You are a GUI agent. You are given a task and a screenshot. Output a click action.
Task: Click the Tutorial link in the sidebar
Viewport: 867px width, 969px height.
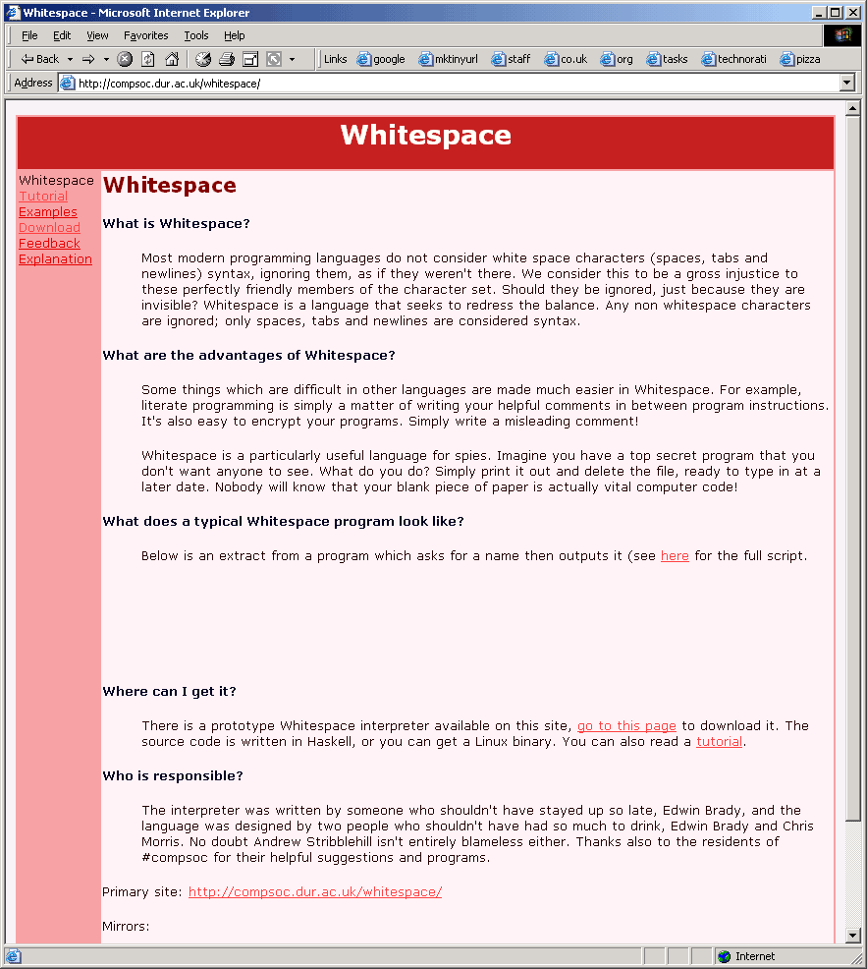point(43,197)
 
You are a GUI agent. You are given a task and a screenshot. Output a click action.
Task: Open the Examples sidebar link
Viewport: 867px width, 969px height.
point(47,212)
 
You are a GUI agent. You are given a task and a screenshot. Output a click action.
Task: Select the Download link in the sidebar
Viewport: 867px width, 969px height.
point(49,228)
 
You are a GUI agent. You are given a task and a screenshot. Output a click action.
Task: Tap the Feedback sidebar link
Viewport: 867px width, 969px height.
point(49,244)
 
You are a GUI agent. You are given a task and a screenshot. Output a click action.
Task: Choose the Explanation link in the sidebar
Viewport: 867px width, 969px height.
point(55,259)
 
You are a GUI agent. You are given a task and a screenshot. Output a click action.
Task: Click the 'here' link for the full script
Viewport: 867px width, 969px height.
point(675,556)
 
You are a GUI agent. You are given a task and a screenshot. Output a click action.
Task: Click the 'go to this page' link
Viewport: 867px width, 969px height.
point(626,726)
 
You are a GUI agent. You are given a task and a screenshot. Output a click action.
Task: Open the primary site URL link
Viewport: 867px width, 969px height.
point(315,892)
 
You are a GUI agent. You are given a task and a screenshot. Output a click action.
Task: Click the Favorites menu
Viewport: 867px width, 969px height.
point(145,35)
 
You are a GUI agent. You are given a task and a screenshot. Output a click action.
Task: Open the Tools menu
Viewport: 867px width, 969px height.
point(196,35)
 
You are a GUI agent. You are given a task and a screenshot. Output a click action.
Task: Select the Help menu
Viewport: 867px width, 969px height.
point(234,35)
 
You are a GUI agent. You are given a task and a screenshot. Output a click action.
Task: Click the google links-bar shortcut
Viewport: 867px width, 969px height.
point(381,59)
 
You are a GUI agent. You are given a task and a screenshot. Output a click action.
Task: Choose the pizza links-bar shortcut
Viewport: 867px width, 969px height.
point(800,59)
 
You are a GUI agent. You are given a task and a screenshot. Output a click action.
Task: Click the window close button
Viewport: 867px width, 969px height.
point(852,13)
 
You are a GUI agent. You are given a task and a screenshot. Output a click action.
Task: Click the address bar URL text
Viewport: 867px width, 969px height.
point(169,84)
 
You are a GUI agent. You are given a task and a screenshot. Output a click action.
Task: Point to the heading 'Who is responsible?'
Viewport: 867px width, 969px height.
point(172,776)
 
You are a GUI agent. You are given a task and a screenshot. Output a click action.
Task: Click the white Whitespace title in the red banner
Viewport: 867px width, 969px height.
point(425,136)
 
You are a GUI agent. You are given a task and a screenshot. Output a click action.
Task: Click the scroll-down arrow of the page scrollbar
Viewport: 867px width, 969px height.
point(852,936)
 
